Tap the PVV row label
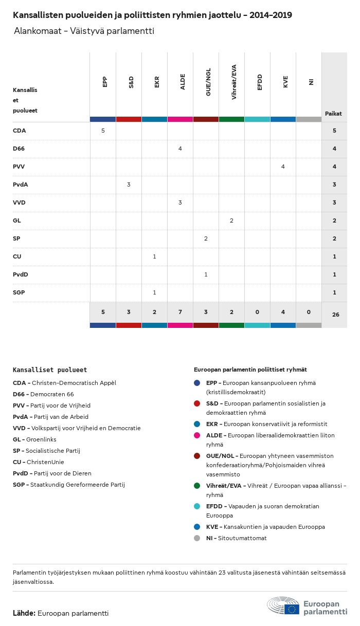click(19, 167)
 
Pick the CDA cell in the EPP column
click(103, 131)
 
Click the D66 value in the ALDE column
click(180, 149)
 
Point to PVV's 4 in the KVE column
click(283, 167)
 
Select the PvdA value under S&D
click(129, 185)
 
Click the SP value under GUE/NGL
click(206, 238)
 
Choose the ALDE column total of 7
click(180, 311)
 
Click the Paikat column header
click(333, 114)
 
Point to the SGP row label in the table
click(19, 292)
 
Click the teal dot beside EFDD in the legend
click(197, 506)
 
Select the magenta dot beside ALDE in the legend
click(197, 435)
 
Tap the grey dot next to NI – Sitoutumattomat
click(197, 538)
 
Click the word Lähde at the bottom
click(24, 613)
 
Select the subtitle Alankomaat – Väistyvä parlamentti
click(84, 31)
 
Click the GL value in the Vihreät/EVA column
click(231, 220)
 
